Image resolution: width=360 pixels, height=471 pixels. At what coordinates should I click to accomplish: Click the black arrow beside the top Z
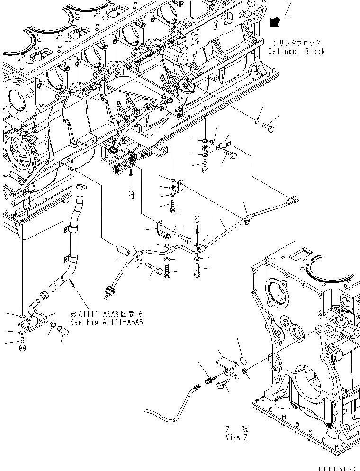(x=274, y=22)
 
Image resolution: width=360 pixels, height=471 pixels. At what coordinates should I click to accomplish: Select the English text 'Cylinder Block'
(x=297, y=51)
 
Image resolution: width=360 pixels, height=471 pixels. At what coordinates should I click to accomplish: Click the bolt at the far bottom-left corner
(x=23, y=347)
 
